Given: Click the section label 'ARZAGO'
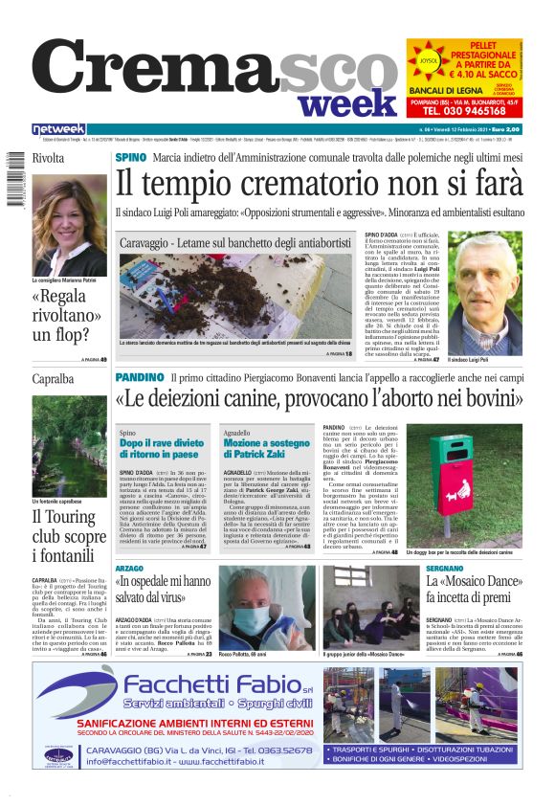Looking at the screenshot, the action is click(x=130, y=569).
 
